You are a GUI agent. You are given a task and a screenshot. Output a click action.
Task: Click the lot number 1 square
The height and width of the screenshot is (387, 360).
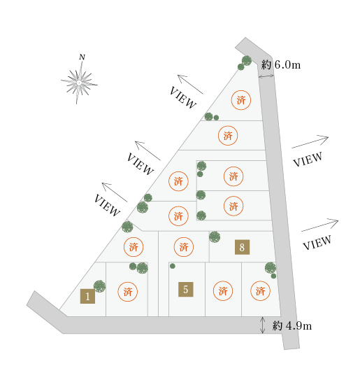(87, 296)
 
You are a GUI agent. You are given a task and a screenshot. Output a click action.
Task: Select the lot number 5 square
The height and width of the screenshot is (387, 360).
(186, 289)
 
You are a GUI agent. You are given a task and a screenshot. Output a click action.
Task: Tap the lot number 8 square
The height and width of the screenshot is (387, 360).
(242, 247)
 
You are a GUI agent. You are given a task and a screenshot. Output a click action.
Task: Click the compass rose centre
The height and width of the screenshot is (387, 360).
(79, 83)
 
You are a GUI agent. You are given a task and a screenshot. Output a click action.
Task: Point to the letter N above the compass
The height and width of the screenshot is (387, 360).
(82, 57)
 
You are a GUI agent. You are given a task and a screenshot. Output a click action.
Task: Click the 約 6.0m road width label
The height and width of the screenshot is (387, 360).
(281, 64)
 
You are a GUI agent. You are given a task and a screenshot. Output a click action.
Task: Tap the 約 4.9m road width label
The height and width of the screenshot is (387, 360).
(292, 326)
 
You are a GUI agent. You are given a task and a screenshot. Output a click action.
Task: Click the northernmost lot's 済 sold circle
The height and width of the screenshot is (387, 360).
(241, 100)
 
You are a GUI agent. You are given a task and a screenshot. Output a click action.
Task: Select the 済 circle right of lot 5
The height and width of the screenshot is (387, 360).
(223, 290)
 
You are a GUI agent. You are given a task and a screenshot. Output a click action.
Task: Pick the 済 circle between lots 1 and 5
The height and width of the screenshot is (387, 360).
(127, 292)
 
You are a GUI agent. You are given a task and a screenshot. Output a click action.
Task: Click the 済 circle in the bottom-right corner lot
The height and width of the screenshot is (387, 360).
(260, 290)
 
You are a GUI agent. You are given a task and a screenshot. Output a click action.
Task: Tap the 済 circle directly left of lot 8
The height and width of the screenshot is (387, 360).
(184, 247)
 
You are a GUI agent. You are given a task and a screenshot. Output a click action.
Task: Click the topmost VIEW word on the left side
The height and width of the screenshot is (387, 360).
(183, 98)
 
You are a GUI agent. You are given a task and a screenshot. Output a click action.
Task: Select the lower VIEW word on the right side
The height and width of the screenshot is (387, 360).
(317, 243)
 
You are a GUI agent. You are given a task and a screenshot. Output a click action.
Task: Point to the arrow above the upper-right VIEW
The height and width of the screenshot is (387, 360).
(310, 141)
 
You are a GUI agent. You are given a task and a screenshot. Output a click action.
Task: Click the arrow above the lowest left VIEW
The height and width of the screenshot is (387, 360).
(115, 192)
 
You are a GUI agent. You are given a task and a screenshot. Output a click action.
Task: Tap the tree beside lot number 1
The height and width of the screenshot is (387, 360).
(100, 286)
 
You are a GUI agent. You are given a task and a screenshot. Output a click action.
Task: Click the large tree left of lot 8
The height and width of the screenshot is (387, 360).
(215, 237)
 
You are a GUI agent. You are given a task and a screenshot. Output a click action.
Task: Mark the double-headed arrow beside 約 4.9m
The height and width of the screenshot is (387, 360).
(263, 325)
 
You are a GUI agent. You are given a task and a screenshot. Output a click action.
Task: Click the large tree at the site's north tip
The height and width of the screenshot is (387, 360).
(247, 60)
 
